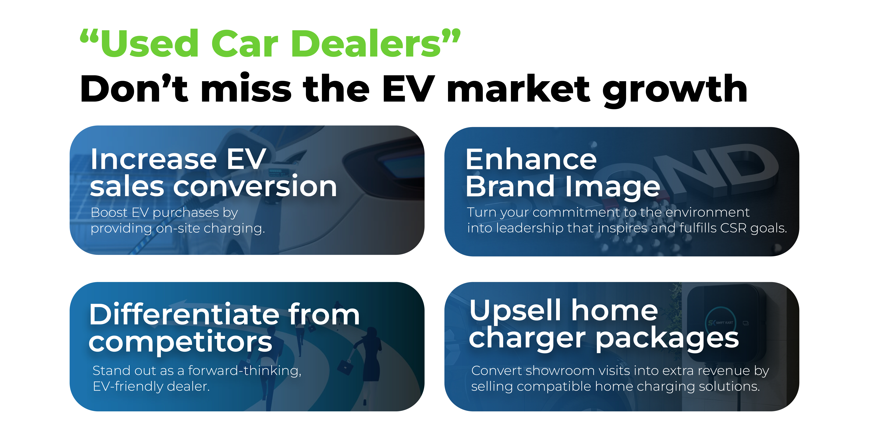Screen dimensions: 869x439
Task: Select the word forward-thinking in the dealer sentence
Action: (x=245, y=371)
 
